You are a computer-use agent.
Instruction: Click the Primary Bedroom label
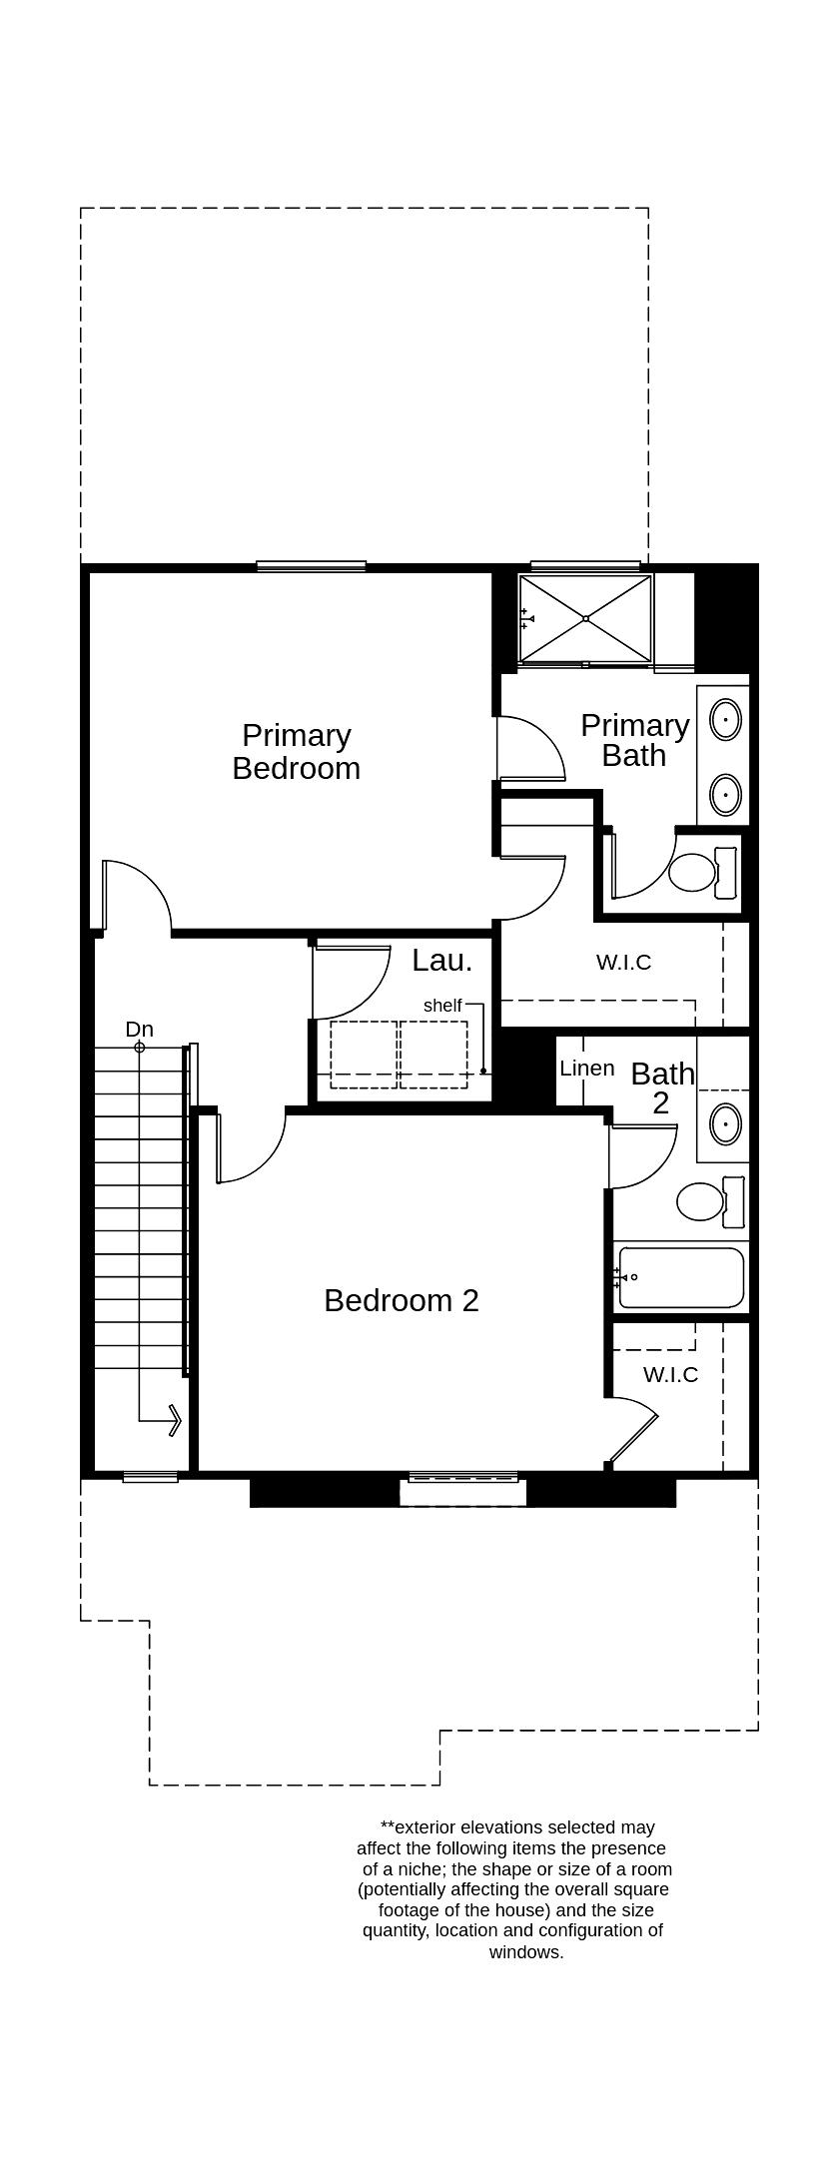pos(297,752)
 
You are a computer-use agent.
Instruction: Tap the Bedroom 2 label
pos(402,1300)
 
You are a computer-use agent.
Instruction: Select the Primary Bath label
pos(635,740)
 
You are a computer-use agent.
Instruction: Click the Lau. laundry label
pos(441,961)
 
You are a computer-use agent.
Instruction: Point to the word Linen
pos(587,1069)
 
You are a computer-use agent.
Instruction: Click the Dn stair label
pos(140,1030)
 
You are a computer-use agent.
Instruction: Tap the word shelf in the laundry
pos(442,1006)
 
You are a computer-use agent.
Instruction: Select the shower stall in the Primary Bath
pos(585,619)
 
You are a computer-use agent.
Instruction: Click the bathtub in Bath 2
pos(681,1278)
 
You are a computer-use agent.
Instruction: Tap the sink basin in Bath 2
pos(726,1123)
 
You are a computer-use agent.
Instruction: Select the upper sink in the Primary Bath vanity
pos(725,719)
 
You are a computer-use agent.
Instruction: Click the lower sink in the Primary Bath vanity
pos(725,795)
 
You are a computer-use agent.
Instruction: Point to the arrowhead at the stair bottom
pos(174,1419)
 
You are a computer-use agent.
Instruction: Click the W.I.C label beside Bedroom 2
pos(670,1375)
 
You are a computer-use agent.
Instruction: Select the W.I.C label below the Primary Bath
pos(623,963)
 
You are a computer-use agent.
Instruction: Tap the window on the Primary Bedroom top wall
pos(311,566)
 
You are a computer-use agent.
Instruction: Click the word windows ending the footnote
pos(526,1952)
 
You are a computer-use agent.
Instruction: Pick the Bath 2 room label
pos(662,1087)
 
